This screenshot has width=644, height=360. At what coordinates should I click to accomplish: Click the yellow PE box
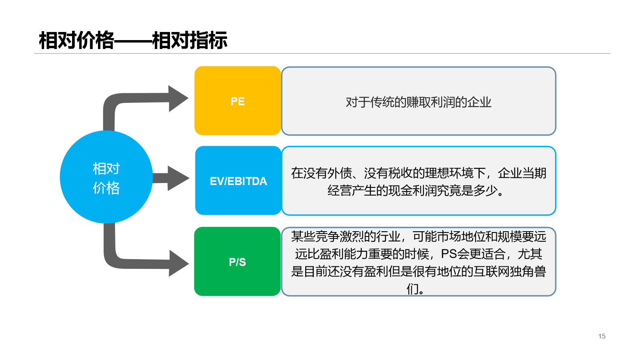pos(238,101)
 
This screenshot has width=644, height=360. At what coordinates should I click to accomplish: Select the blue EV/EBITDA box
pos(238,181)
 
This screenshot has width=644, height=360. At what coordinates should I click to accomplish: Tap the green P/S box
pos(238,261)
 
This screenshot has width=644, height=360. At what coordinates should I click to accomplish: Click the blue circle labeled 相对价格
pos(106,177)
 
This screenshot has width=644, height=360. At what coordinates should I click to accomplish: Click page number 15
pos(602,336)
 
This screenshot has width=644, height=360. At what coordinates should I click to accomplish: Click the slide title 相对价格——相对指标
pos(133,40)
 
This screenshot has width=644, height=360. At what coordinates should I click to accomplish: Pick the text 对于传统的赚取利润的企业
pos(419,102)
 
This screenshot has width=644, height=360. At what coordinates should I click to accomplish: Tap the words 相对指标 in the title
pos(190,40)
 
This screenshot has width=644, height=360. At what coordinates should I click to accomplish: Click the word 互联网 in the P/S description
pos(491,271)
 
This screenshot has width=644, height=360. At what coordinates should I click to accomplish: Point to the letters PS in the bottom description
pos(449,254)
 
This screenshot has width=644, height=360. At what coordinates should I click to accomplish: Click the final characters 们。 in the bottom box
pos(415,289)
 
